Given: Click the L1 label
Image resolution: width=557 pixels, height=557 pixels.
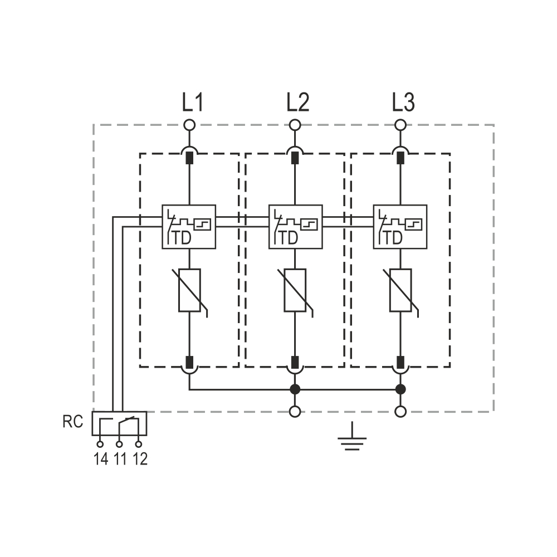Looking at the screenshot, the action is coord(193,102).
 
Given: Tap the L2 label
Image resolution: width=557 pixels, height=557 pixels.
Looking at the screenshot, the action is coord(297,102).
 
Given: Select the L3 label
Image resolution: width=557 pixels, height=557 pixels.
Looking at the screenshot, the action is coord(403,102).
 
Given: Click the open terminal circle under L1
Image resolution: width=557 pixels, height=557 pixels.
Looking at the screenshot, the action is coord(189,125).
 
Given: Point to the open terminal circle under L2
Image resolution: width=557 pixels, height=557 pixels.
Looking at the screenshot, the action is coord(295,125).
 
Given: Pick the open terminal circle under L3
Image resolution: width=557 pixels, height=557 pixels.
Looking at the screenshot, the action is coord(400,125).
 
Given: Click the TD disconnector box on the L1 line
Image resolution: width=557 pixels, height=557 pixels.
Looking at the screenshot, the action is coord(189,227).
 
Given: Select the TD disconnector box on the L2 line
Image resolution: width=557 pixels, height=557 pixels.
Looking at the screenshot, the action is coord(296,227).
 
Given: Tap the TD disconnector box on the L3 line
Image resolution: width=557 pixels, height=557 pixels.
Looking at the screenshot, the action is coord(400,227).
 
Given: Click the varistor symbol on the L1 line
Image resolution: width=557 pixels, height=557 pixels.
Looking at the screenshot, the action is coord(189,291).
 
